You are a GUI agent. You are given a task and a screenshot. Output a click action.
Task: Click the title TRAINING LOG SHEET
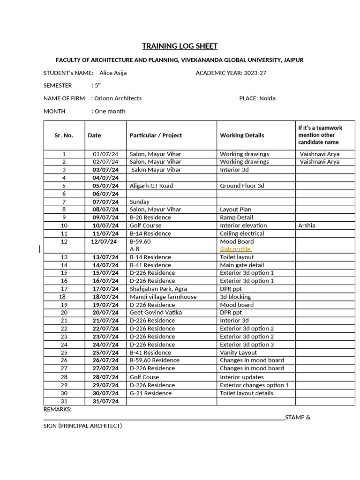(x=180, y=46)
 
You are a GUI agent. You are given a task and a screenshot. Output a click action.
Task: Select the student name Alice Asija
(x=113, y=73)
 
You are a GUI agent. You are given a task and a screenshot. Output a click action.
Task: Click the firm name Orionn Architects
(x=118, y=98)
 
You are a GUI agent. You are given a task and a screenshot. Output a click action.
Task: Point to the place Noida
(x=267, y=98)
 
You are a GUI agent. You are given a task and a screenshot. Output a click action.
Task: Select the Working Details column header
(x=242, y=135)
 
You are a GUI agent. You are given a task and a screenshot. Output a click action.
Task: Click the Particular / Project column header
(x=156, y=135)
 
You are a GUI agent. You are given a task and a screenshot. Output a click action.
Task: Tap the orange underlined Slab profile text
(x=235, y=249)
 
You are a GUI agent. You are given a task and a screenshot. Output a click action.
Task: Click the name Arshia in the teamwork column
(x=307, y=225)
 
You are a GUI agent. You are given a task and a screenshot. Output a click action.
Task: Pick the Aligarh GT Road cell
(x=151, y=186)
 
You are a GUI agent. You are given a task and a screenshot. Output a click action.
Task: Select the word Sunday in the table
(x=140, y=202)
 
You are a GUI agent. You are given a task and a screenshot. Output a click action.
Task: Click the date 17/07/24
(x=105, y=289)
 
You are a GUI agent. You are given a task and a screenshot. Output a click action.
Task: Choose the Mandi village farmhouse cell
(x=163, y=297)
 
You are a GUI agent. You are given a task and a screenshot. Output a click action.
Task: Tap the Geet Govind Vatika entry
(x=156, y=313)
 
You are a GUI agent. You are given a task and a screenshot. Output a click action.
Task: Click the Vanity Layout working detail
(x=238, y=352)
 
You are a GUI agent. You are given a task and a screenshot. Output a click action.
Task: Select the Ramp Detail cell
(x=236, y=217)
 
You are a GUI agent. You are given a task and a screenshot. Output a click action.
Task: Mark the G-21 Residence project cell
(x=150, y=393)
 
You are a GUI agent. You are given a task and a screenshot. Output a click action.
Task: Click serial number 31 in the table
(x=64, y=401)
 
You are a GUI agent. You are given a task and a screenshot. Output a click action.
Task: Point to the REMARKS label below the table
(x=57, y=409)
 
